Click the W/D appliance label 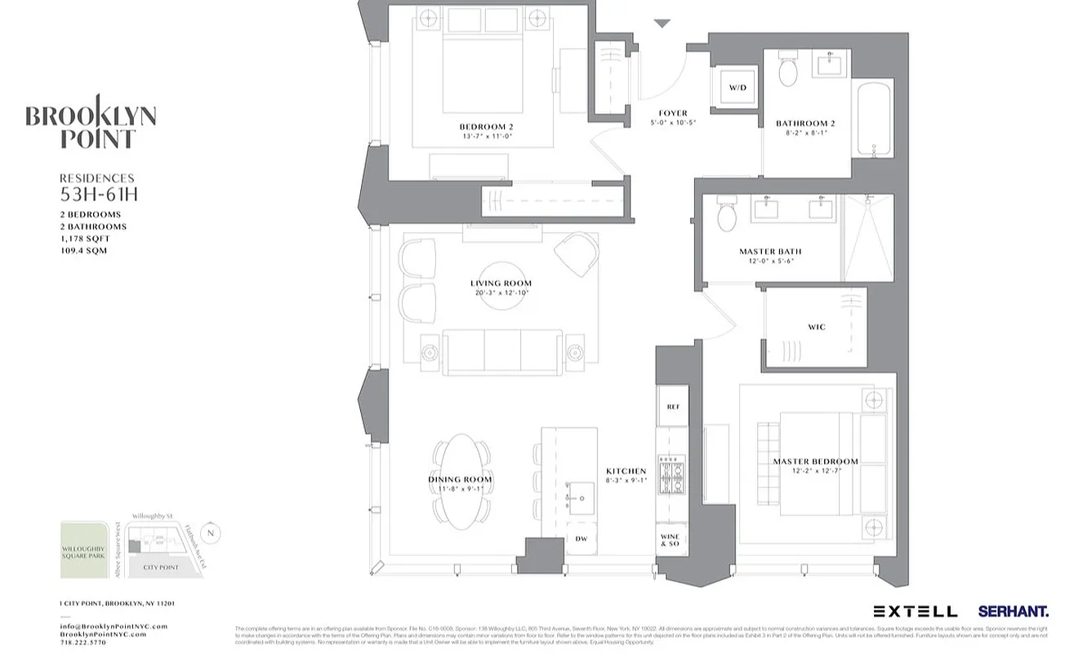(x=738, y=87)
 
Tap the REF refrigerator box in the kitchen (x=673, y=407)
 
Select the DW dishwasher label (x=582, y=539)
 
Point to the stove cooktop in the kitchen (x=674, y=475)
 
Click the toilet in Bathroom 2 (x=787, y=70)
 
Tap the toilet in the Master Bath (x=727, y=216)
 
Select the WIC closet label (x=816, y=328)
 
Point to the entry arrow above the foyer (x=662, y=24)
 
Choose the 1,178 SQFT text (x=85, y=239)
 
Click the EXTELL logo (x=915, y=611)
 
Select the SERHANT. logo (x=1013, y=611)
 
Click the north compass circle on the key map (x=210, y=534)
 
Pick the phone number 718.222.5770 (x=83, y=643)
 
